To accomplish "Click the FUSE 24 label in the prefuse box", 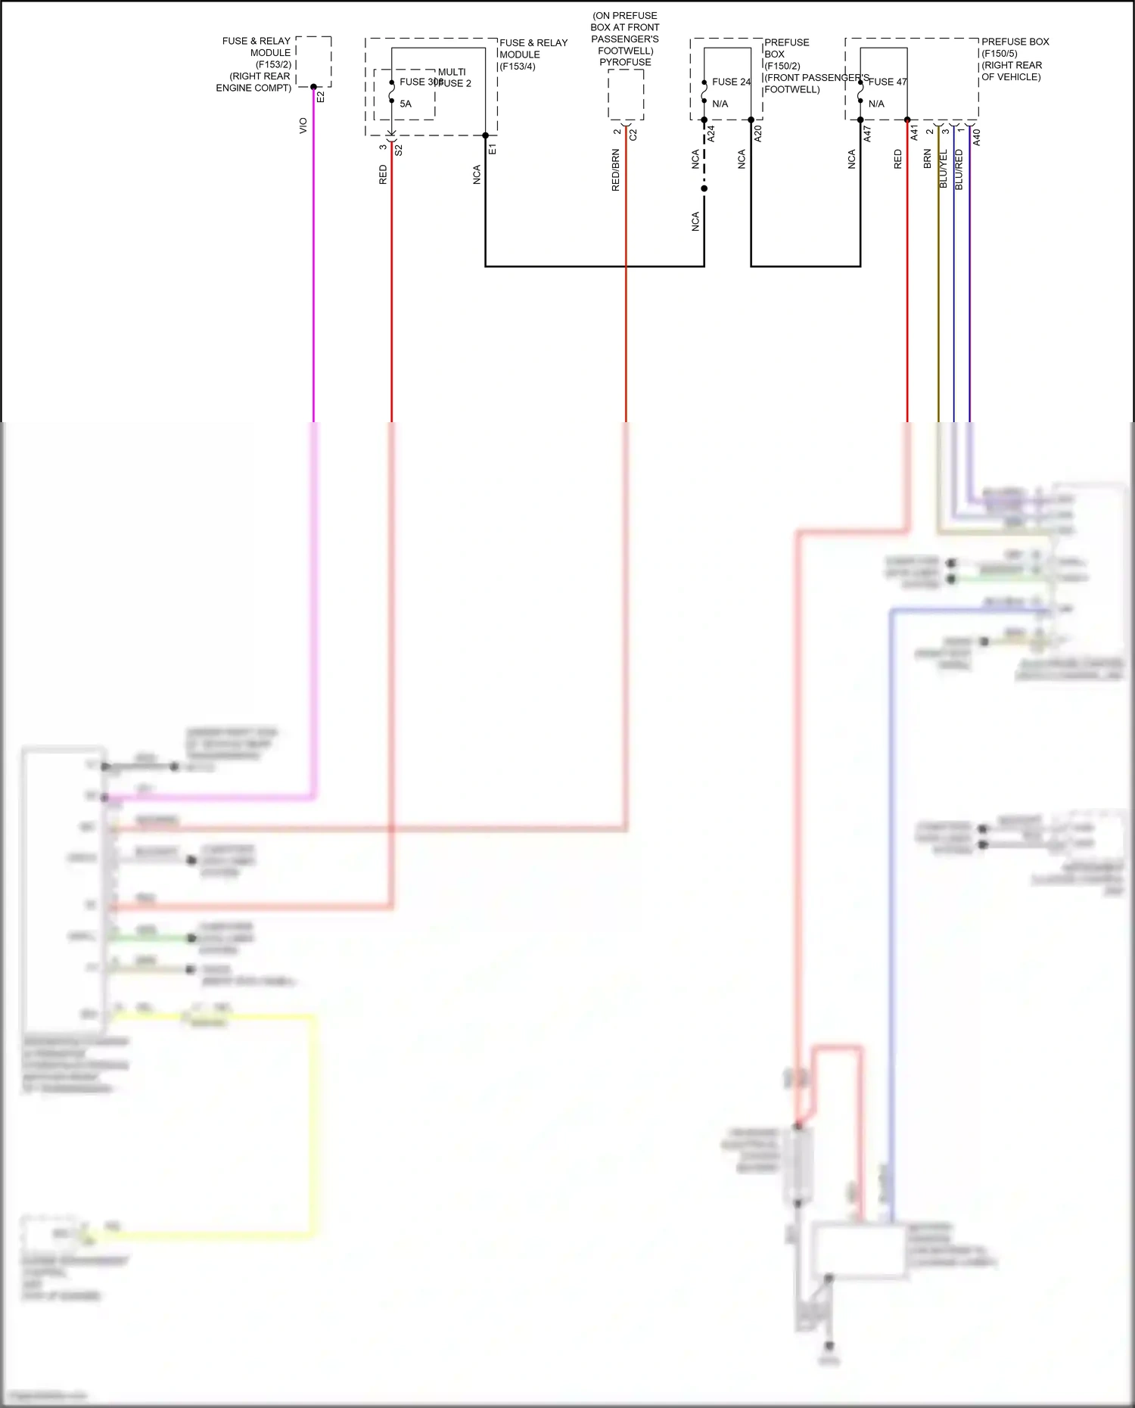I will tap(731, 82).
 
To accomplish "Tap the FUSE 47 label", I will tap(888, 82).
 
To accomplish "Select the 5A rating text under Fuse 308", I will tap(406, 104).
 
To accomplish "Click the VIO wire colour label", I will tap(303, 126).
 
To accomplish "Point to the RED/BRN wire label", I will tap(616, 169).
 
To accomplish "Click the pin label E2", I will tap(320, 97).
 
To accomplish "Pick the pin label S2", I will tap(399, 150).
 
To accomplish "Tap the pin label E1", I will tap(493, 149).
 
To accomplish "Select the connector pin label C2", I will tap(633, 135).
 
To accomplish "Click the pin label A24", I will tap(711, 135).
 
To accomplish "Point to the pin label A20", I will tap(758, 134).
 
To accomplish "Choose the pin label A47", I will tap(868, 134).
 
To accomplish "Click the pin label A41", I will tap(914, 133).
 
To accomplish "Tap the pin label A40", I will tap(977, 137).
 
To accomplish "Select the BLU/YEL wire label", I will tap(944, 169).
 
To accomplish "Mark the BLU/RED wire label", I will tap(959, 169).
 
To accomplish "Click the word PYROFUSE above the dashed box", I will tap(625, 62).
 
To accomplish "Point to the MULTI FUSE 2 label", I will tap(453, 77).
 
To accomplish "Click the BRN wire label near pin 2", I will tap(928, 159).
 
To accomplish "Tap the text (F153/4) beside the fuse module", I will tap(518, 67).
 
